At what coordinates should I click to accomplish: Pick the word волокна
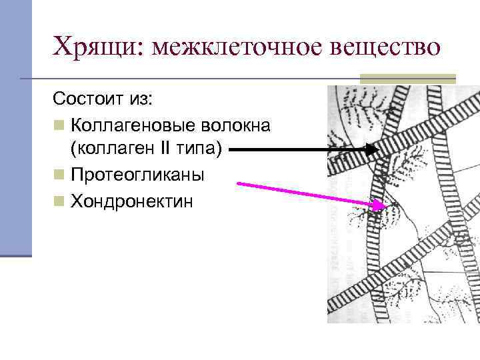pyautogui.click(x=239, y=125)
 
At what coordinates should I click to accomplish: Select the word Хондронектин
pyautogui.click(x=132, y=201)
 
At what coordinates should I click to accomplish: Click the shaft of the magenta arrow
pyautogui.click(x=300, y=194)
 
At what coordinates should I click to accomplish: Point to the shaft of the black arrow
pyautogui.click(x=293, y=151)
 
